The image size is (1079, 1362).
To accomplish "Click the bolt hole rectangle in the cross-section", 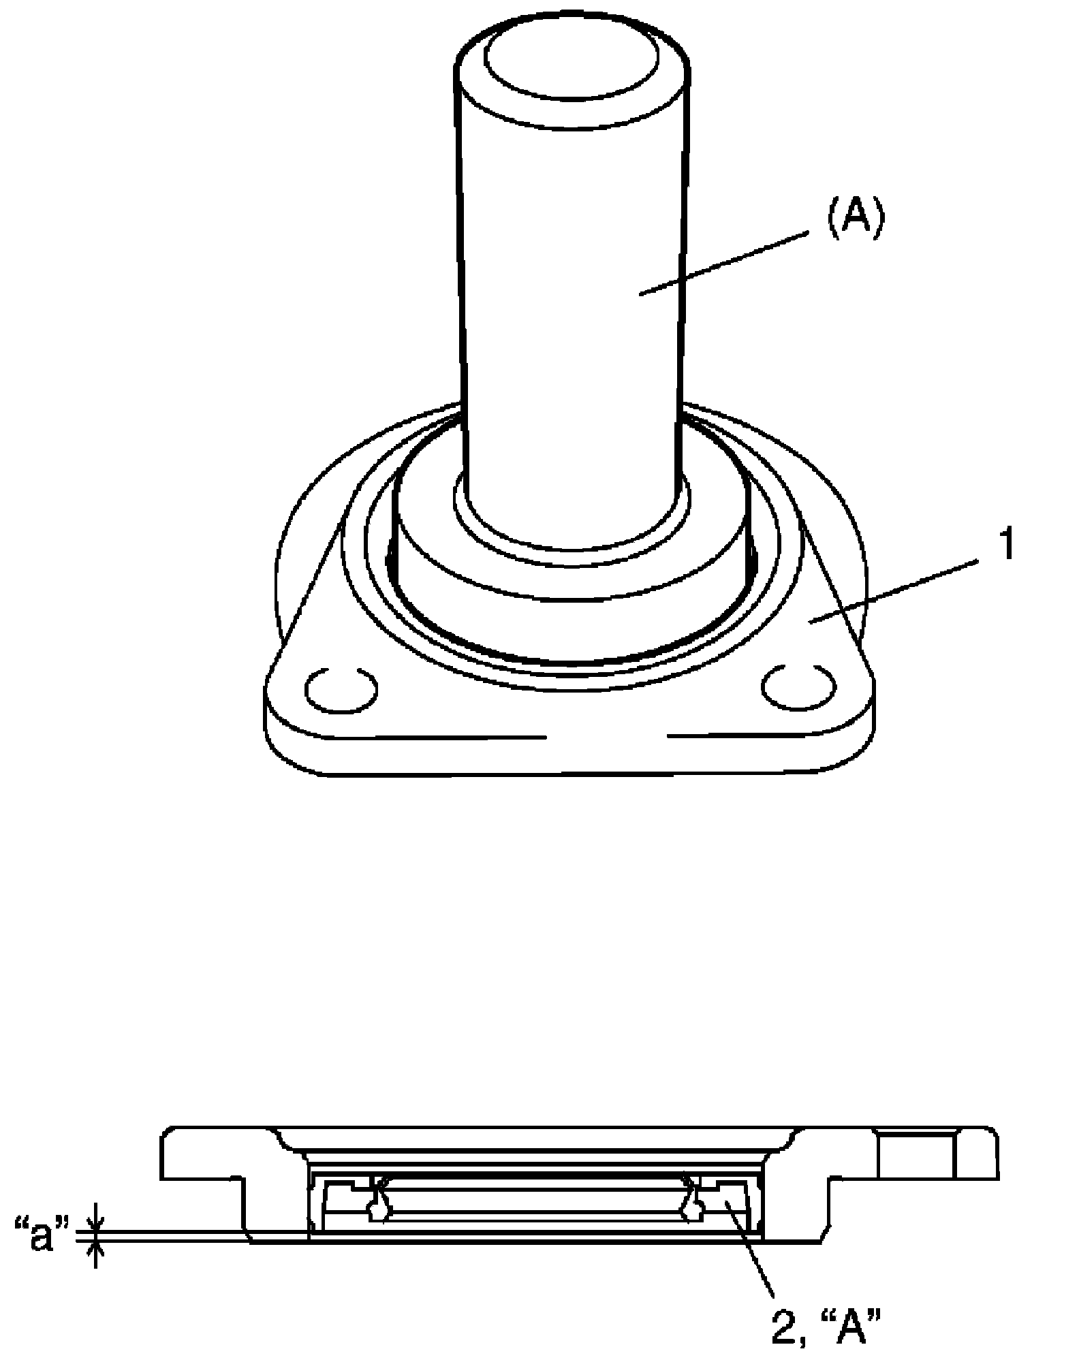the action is click(x=918, y=1156).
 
